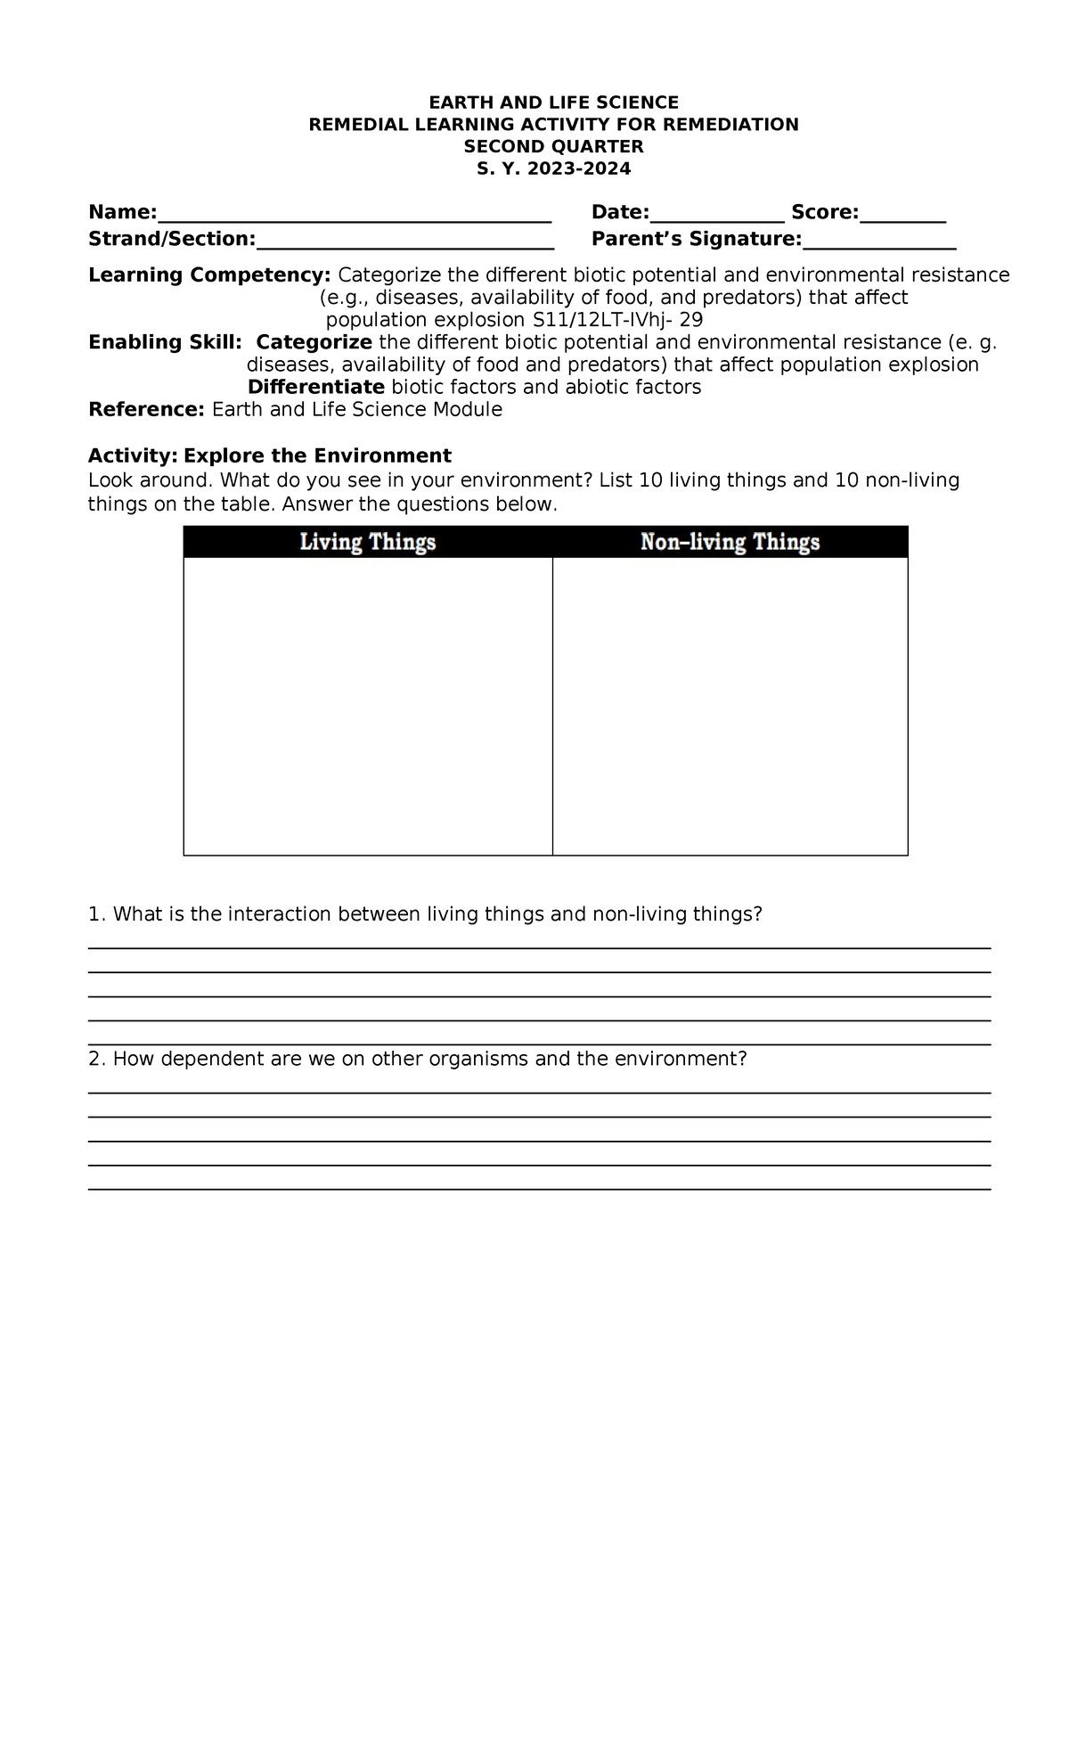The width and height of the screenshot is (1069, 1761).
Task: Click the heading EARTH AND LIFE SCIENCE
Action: click(x=553, y=102)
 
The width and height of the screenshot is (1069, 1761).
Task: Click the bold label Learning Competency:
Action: click(x=209, y=274)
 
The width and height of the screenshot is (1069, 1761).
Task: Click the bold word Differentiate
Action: click(x=315, y=387)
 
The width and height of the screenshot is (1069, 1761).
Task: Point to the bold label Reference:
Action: click(x=147, y=410)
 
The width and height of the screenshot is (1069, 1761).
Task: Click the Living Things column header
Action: click(x=367, y=542)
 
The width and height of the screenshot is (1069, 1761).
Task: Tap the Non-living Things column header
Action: click(x=730, y=542)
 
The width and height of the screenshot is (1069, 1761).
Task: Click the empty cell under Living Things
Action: click(x=367, y=706)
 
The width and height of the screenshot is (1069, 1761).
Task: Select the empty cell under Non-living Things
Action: click(x=730, y=706)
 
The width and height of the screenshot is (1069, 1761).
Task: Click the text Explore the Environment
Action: click(x=317, y=456)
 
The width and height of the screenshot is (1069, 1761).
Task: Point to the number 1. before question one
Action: click(x=97, y=914)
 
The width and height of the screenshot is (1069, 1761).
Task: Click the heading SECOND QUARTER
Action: click(x=553, y=147)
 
